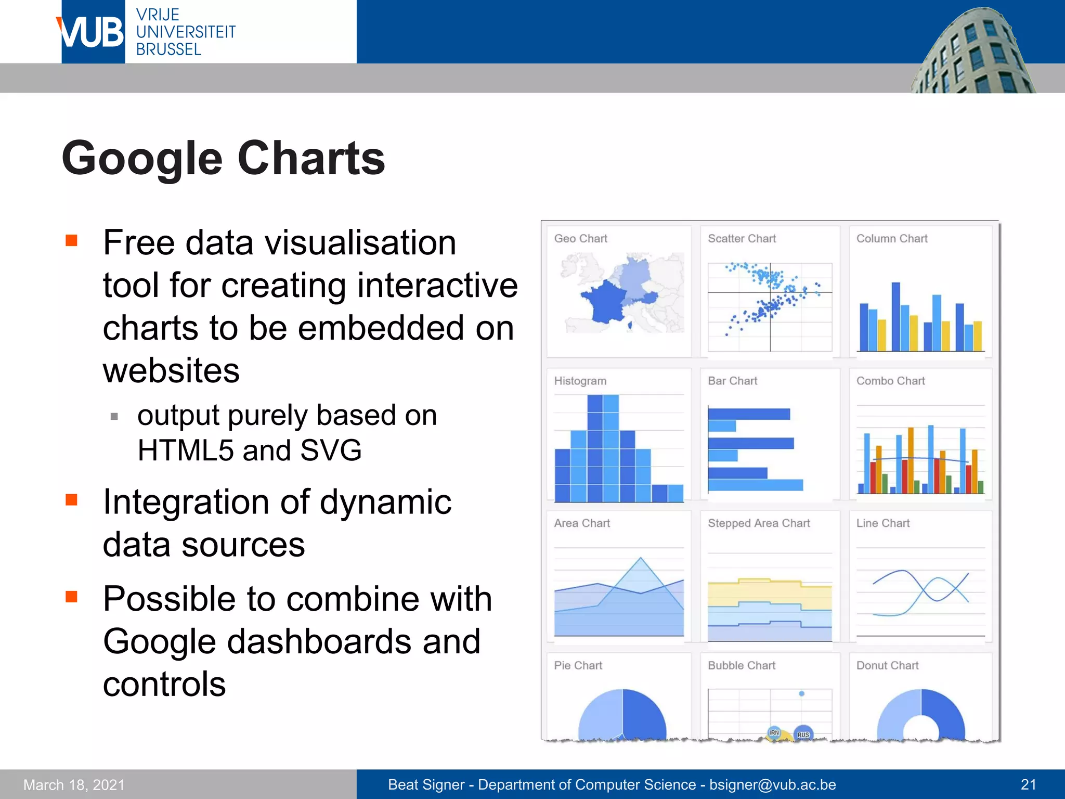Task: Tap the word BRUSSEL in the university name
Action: coord(168,50)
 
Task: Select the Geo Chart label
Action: coord(580,239)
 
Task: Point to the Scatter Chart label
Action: coord(742,239)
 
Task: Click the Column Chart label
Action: coord(891,239)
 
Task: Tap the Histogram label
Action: coord(580,381)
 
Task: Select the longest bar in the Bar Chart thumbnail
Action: coord(755,485)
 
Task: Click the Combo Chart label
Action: coord(890,381)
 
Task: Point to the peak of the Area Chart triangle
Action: coord(641,559)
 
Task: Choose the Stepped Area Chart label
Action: coord(759,523)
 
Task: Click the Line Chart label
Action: coord(882,523)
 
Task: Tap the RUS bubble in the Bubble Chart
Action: coord(803,733)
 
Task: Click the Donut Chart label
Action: coord(887,666)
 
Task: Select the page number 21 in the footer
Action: coord(1028,784)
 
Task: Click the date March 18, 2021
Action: coord(74,785)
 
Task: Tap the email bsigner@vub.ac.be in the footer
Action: coord(773,784)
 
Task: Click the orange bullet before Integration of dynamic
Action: coord(71,500)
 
